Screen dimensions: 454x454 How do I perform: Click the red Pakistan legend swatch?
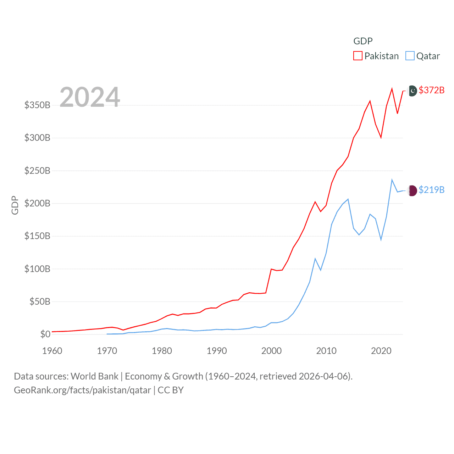[358, 56]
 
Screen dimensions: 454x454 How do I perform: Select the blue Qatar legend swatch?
[410, 56]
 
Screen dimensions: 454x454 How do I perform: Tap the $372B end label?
[431, 90]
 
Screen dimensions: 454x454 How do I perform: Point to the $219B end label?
[431, 190]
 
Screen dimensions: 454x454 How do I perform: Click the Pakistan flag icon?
[413, 91]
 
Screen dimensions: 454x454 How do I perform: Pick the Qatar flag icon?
[413, 190]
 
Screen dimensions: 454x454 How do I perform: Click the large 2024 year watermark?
[90, 97]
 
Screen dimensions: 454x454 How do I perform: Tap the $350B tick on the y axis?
[37, 105]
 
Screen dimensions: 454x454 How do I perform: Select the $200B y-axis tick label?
[37, 203]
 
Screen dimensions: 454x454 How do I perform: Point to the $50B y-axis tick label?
[40, 301]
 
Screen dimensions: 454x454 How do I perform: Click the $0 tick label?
[45, 334]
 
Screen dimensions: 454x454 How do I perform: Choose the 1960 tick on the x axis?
[52, 351]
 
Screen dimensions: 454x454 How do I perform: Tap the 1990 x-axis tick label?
[217, 351]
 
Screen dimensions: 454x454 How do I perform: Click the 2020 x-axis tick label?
[381, 351]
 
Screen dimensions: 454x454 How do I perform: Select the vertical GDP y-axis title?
[15, 205]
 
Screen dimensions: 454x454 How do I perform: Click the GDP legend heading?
[363, 41]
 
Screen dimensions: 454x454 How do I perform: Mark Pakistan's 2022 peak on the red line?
[392, 89]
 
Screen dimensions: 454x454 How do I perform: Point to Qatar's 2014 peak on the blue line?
[348, 199]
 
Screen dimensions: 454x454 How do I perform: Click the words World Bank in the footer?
[94, 376]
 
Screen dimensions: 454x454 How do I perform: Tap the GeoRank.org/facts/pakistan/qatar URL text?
[82, 390]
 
